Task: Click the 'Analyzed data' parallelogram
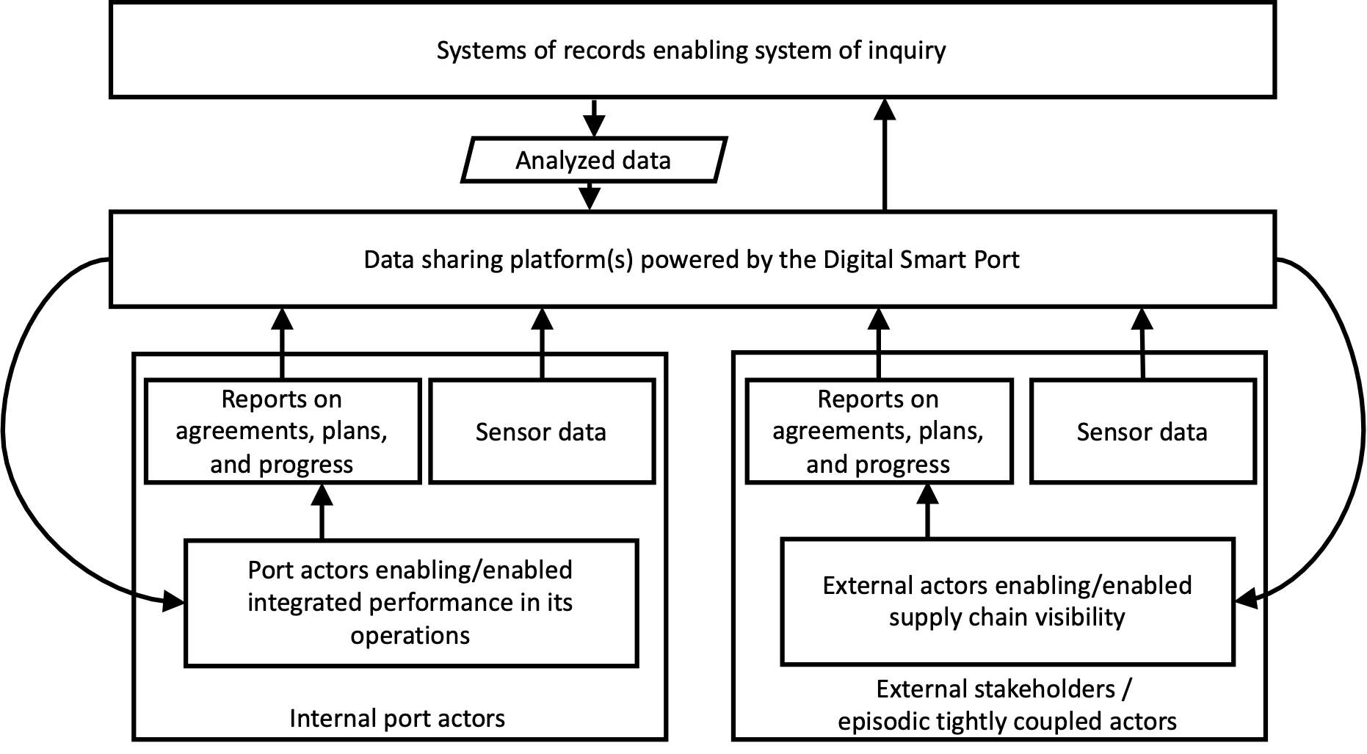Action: point(594,160)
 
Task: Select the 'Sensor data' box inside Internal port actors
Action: point(541,432)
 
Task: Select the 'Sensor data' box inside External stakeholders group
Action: point(1142,432)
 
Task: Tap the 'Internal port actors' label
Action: point(397,718)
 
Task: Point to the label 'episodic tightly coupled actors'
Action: point(1007,721)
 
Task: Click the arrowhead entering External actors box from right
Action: point(1246,601)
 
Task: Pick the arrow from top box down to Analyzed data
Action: point(594,117)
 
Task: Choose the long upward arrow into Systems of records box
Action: point(885,154)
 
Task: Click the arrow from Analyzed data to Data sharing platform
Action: point(590,195)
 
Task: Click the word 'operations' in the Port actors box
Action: point(410,635)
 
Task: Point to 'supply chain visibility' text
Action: point(1007,617)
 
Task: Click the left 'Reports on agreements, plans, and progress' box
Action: point(282,432)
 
